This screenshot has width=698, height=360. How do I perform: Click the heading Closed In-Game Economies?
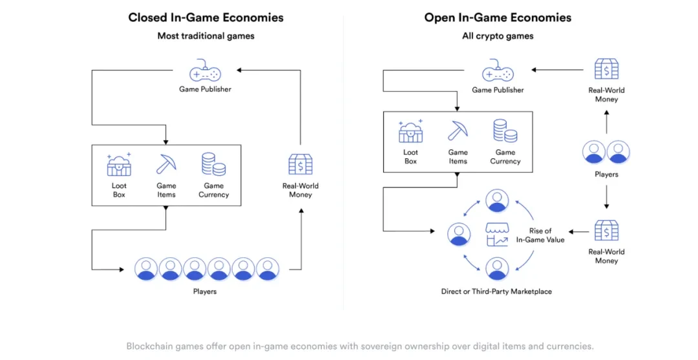click(206, 17)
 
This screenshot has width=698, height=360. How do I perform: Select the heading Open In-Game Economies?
click(498, 17)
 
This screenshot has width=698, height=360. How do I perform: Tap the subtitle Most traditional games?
click(206, 36)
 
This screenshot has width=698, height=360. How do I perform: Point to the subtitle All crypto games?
click(498, 36)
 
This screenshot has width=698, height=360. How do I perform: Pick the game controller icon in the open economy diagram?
click(498, 70)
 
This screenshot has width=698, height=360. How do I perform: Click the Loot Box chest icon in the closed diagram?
click(119, 165)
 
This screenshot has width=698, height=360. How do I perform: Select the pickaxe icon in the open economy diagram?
click(458, 131)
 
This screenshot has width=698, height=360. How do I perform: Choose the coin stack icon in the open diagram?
click(505, 131)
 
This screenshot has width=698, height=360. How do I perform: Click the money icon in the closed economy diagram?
click(301, 165)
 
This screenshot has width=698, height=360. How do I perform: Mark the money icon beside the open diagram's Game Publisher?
click(606, 69)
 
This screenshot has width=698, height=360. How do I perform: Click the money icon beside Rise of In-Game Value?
click(606, 231)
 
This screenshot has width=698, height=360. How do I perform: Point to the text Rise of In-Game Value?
click(540, 235)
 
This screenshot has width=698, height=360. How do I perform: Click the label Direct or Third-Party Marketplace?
click(496, 291)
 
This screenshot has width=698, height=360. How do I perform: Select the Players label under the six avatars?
click(205, 291)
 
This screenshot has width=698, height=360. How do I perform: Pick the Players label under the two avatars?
click(606, 175)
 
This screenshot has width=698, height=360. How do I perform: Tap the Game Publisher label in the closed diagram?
click(205, 89)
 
